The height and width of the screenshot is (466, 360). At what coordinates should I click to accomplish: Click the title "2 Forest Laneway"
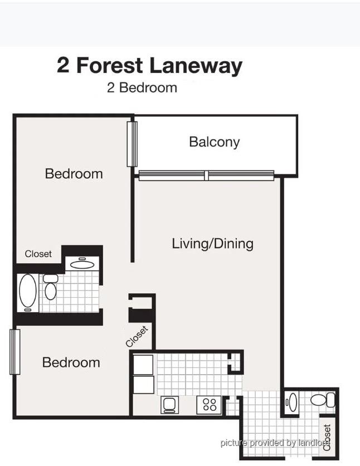tap(150, 66)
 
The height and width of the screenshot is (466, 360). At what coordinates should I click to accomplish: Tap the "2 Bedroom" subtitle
tap(142, 87)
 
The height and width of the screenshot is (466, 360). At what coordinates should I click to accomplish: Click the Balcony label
tap(214, 142)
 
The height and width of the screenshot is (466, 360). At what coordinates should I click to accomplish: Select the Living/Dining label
tap(213, 244)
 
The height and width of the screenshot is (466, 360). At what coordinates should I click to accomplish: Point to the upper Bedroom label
tap(74, 174)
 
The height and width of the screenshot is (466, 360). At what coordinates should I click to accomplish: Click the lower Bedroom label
tap(71, 362)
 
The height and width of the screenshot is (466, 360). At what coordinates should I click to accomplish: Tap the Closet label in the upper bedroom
tap(38, 254)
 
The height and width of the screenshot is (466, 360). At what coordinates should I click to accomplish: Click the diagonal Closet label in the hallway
tap(137, 336)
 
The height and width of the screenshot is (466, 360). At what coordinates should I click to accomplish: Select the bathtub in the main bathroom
tap(28, 293)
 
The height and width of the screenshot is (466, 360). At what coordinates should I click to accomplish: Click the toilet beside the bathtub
tap(51, 287)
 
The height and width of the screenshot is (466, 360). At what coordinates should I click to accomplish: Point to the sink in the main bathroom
tap(82, 263)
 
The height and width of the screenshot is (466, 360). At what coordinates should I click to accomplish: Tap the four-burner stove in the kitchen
tap(209, 405)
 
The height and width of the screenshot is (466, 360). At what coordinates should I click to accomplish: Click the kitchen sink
tap(170, 405)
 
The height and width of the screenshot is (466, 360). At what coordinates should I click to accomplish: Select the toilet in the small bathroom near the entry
tap(323, 400)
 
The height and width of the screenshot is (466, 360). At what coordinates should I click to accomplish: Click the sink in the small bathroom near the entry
tap(292, 403)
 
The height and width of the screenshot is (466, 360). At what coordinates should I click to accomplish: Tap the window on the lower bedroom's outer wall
tap(15, 351)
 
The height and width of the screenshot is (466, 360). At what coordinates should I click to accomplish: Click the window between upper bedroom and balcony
tap(132, 144)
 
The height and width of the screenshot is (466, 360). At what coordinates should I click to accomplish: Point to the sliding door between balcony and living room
tap(206, 175)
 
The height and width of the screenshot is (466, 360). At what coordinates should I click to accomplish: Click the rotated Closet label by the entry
tap(327, 437)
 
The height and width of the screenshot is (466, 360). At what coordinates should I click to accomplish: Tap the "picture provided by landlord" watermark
tap(275, 443)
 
